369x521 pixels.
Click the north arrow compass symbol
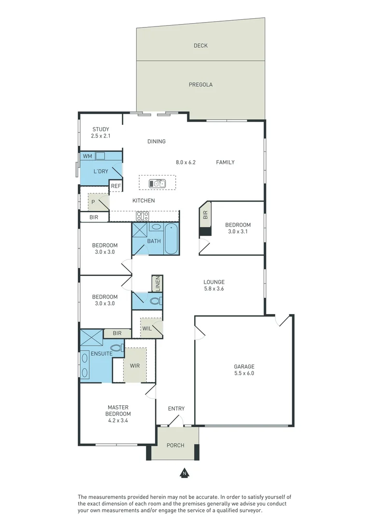(x=184, y=473)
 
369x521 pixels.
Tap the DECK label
(x=200, y=46)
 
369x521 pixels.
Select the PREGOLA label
(x=200, y=84)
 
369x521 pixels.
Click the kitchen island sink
(x=157, y=183)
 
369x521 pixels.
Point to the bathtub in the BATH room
(x=171, y=240)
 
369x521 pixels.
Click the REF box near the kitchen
(x=116, y=186)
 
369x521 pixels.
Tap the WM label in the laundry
(x=87, y=156)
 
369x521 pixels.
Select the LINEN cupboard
(x=157, y=284)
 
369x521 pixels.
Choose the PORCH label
(x=175, y=445)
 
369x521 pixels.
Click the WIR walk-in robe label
(x=135, y=366)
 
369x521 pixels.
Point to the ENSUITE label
(x=101, y=354)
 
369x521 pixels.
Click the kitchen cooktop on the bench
(x=142, y=216)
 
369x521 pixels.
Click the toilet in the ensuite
(x=116, y=347)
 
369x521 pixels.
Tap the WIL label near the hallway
(x=147, y=329)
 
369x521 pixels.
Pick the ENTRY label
(x=176, y=409)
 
